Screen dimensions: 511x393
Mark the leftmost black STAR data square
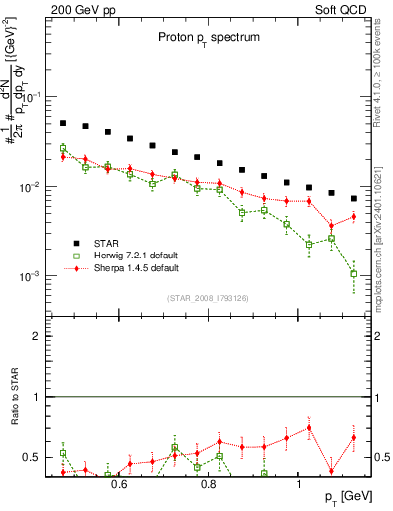pos(62,123)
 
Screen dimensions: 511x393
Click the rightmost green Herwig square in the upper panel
pos(354,273)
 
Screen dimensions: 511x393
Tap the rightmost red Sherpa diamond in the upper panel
pos(354,217)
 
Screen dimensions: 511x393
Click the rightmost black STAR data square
pos(354,198)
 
